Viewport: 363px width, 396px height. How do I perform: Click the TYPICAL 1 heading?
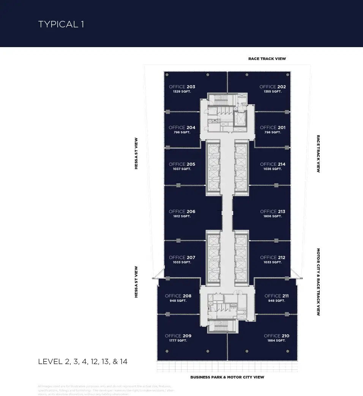(61, 24)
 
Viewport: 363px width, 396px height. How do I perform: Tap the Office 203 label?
(182, 87)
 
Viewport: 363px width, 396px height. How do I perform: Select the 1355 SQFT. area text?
(273, 92)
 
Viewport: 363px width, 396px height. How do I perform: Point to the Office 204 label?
(182, 128)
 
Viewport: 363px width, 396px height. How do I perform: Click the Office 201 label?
(273, 128)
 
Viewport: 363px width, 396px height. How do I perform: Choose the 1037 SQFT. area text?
(182, 169)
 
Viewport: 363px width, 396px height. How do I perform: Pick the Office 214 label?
(273, 164)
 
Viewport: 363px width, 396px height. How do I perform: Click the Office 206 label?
(182, 212)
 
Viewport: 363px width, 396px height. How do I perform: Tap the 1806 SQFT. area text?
(273, 216)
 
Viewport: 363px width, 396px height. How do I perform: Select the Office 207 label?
(182, 258)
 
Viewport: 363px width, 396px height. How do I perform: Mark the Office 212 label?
(273, 258)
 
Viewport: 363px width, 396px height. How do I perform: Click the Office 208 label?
(178, 296)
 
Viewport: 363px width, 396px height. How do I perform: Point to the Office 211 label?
(277, 296)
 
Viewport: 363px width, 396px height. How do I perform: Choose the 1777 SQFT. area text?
(178, 341)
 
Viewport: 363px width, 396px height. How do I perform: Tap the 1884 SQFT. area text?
(276, 341)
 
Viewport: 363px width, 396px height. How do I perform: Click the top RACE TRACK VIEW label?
(267, 59)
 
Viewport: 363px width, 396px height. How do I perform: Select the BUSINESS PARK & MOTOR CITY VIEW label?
(227, 377)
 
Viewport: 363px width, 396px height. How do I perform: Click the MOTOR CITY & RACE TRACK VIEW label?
(319, 282)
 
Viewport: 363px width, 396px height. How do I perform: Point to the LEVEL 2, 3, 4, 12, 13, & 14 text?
(83, 361)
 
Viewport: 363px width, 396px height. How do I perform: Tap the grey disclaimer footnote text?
(106, 390)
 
